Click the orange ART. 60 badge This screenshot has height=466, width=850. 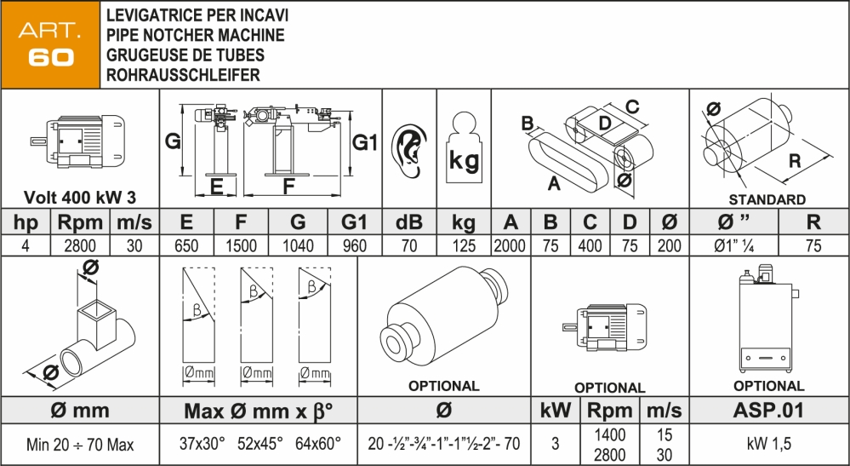tap(50, 45)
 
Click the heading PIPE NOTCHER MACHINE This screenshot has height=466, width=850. tap(194, 35)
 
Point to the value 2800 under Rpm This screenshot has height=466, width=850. tap(80, 246)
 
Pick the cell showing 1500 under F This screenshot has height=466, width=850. tap(241, 246)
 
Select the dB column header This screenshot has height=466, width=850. tap(408, 223)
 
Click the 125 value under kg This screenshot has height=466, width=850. tap(463, 246)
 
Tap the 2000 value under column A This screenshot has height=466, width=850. tap(511, 246)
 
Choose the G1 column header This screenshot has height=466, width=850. tap(354, 223)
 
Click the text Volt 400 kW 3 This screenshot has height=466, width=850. tap(80, 198)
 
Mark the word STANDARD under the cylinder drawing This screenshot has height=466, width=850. tap(767, 200)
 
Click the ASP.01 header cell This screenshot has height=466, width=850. tap(768, 411)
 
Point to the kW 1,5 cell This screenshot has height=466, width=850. tap(768, 444)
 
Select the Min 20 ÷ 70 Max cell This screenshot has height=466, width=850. tap(80, 444)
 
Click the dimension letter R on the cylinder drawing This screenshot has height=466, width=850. tap(795, 160)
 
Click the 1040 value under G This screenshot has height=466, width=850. tap(297, 246)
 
